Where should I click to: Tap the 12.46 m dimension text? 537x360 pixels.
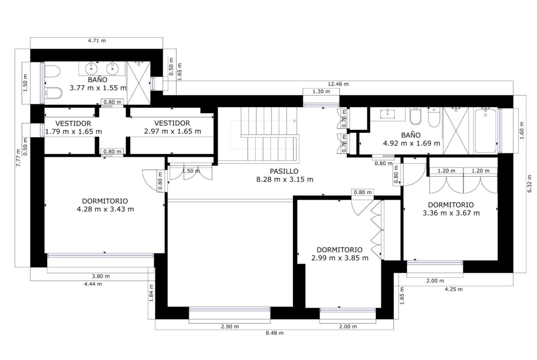338,84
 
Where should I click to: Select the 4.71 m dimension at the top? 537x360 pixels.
97,40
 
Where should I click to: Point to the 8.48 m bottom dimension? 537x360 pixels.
274,332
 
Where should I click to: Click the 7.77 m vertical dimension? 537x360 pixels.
18,157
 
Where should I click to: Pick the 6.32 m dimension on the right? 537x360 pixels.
530,184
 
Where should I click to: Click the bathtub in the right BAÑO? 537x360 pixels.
485,130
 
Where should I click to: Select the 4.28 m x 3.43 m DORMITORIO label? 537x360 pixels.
105,205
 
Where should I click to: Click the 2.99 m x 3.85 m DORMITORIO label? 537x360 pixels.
340,254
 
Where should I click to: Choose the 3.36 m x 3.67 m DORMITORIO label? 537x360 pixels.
451,209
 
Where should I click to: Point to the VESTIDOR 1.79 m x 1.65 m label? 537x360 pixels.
73,127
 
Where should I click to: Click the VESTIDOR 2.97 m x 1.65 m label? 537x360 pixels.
172,127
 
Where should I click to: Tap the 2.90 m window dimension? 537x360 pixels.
230,327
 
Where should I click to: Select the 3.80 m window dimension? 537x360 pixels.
101,276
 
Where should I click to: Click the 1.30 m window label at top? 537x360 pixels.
321,91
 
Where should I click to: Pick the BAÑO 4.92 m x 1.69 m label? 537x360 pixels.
411,139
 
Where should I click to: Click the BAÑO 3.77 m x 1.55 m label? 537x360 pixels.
98,84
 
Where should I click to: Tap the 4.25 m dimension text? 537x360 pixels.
453,289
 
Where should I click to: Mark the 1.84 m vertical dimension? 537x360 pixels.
151,293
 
